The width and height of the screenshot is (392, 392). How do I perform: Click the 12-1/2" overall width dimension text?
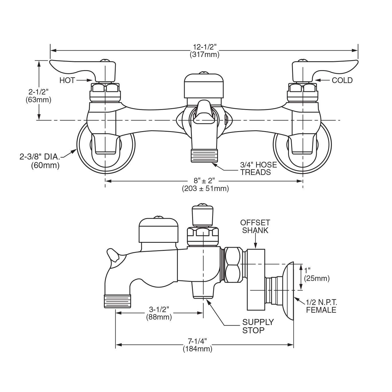click(x=204, y=50)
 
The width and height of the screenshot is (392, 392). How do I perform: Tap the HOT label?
click(x=67, y=80)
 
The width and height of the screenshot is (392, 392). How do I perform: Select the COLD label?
click(x=342, y=80)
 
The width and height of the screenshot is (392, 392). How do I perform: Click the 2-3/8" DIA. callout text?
click(x=40, y=161)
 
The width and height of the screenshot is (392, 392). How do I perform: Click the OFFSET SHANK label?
click(x=255, y=226)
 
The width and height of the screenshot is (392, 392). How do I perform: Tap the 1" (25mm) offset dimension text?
click(x=316, y=274)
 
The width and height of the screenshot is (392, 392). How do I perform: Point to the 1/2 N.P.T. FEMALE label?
click(x=321, y=306)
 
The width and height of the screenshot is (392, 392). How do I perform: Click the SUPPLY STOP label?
click(x=258, y=326)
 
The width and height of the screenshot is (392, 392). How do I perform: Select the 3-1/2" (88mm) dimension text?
click(x=159, y=313)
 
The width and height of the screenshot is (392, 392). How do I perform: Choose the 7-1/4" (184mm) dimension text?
click(x=197, y=345)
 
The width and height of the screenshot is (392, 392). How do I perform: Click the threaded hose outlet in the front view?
click(x=204, y=155)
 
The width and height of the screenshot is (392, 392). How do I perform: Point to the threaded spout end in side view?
click(x=117, y=301)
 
